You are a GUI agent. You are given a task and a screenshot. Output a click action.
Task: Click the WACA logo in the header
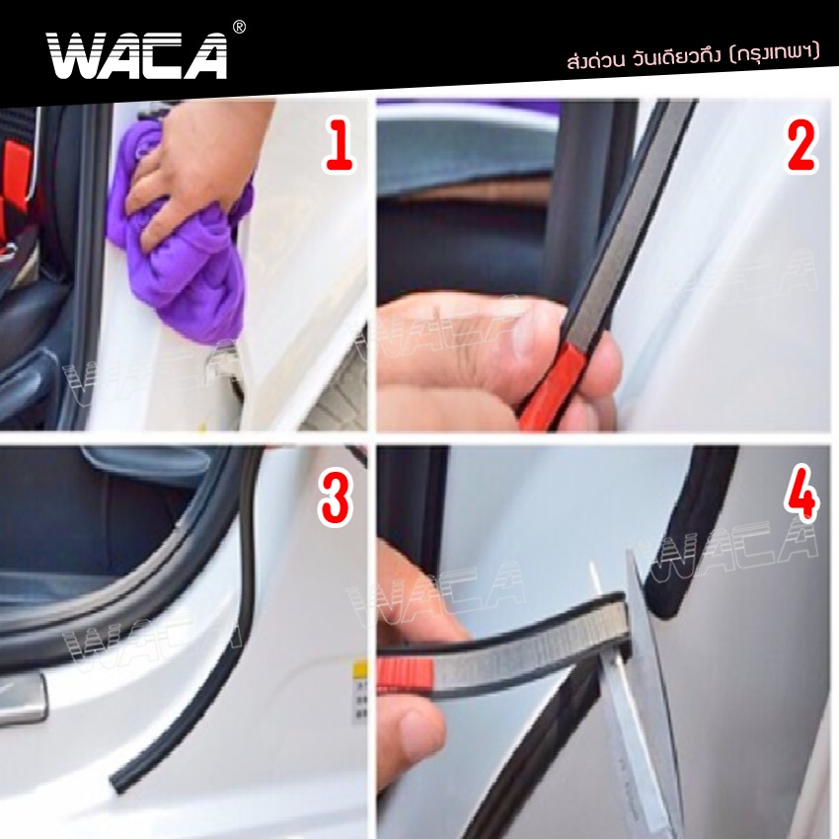[x=136, y=55]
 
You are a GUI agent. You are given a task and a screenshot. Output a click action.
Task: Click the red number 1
[x=339, y=147]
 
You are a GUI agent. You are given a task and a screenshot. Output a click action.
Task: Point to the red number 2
[x=801, y=147]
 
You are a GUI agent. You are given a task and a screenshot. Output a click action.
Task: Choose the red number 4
[x=801, y=496]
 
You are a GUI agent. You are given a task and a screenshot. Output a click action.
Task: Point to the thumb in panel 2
[x=464, y=341]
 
